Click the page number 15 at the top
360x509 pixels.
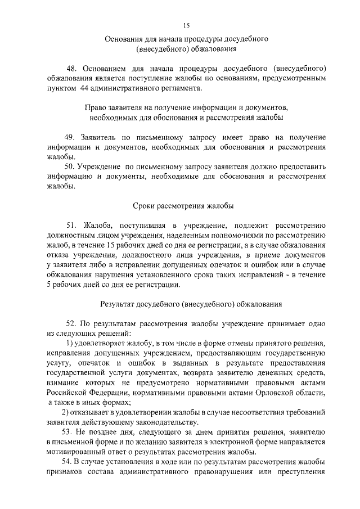pyautogui.click(x=187, y=25)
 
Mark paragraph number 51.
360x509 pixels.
pyautogui.click(x=71, y=225)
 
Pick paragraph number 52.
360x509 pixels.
pyautogui.click(x=71, y=324)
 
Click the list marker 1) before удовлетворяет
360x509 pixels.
pyautogui.click(x=70, y=344)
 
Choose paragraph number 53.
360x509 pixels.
pyautogui.click(x=70, y=432)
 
